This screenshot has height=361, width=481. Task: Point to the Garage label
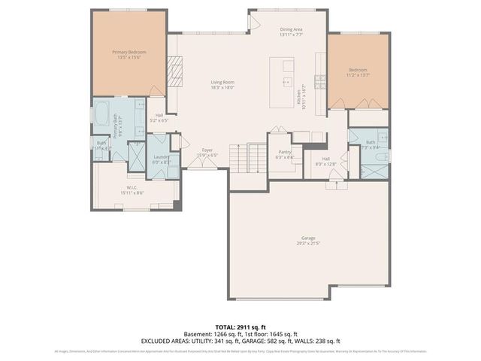[x=310, y=238]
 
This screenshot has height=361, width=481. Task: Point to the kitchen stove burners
[x=320, y=79]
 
